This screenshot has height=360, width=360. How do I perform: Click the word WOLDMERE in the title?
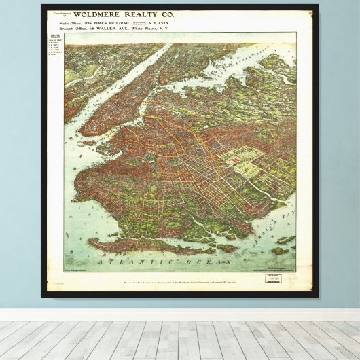pos(96,14)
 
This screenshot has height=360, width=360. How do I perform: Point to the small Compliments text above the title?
pos(60,12)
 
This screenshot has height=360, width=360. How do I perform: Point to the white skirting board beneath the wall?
pos(180,315)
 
